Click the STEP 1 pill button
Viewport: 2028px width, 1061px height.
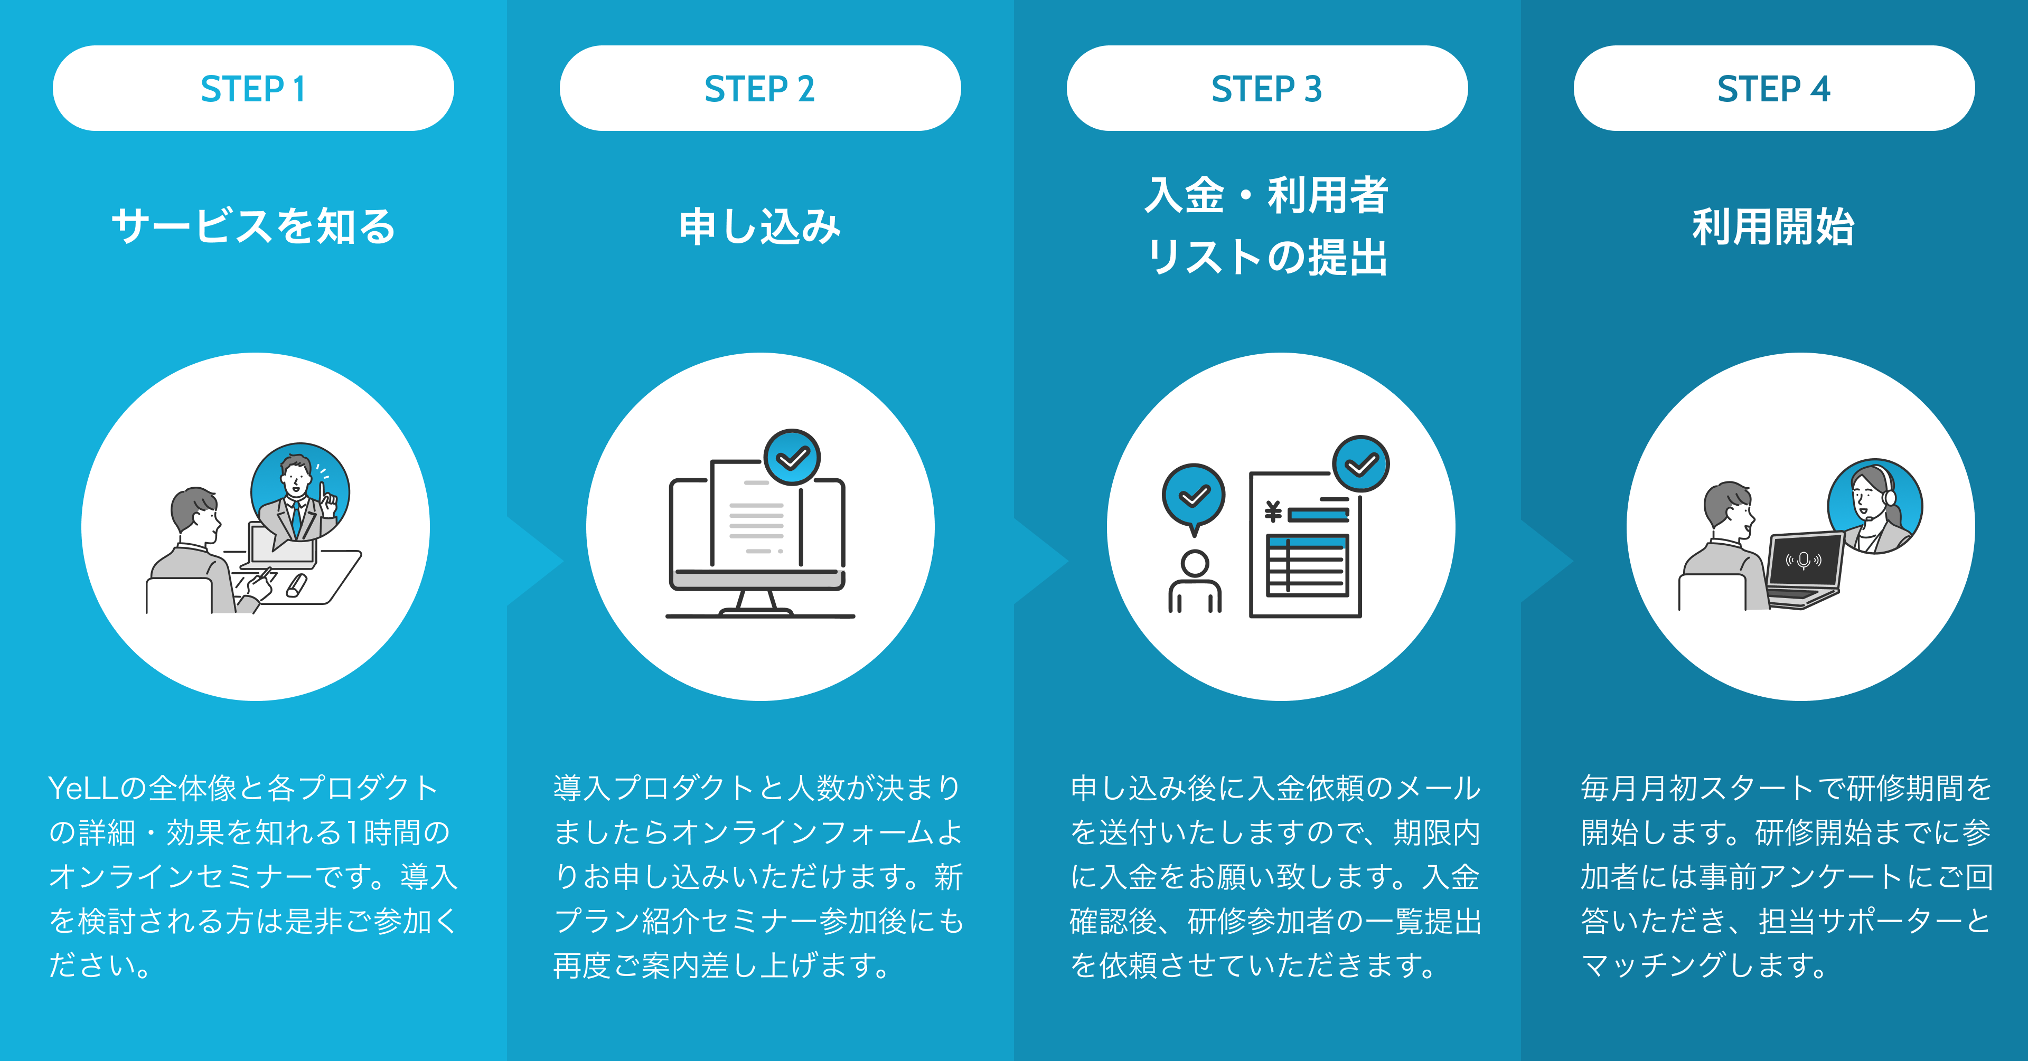point(253,88)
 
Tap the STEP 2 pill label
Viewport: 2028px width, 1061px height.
point(760,88)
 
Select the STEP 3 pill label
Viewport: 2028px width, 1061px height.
point(1267,88)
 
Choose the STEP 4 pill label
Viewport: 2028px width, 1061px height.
point(1774,88)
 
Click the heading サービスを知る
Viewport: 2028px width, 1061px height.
point(253,226)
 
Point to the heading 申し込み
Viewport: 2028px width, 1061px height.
point(760,226)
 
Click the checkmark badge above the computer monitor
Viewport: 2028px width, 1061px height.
point(792,457)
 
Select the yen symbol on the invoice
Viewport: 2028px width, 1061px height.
point(1272,513)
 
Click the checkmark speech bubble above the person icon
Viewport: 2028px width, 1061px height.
point(1194,496)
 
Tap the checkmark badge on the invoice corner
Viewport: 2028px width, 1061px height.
point(1360,465)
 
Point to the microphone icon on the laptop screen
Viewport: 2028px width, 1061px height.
point(1803,561)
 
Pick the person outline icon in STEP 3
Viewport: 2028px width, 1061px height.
point(1194,582)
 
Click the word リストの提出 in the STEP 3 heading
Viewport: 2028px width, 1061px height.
point(1267,258)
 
